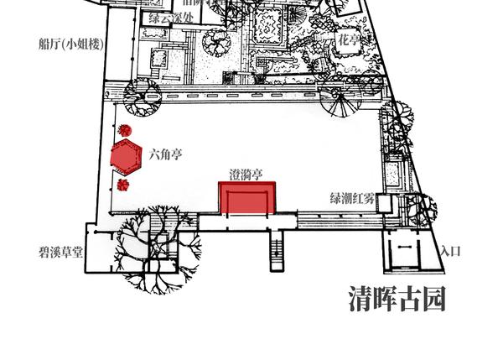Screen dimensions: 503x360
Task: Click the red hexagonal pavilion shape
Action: pos(126,155)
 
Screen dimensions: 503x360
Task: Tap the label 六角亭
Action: pos(165,154)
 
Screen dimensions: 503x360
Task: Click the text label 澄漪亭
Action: pos(246,175)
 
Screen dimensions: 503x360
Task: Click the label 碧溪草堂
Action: pos(61,251)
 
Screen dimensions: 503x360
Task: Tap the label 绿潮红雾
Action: pos(351,199)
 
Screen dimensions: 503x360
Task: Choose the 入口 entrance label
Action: pos(450,251)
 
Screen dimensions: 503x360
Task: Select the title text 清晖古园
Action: pos(397,299)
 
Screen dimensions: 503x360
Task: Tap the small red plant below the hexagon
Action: pos(123,185)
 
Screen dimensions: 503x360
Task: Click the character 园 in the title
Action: pos(433,299)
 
